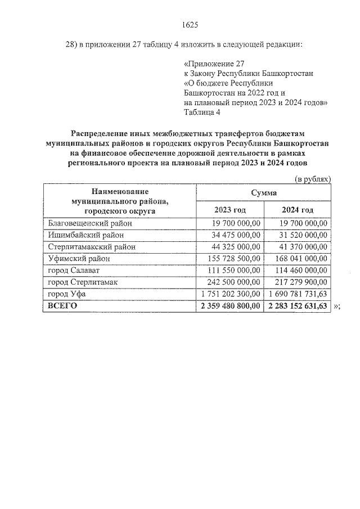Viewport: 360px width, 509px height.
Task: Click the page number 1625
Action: tap(191, 25)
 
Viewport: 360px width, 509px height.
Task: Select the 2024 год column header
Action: tap(297, 210)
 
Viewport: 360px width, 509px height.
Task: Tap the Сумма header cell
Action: tap(263, 192)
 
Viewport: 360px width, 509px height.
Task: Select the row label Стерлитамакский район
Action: tap(91, 247)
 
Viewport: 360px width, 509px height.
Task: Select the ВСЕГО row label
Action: tap(62, 306)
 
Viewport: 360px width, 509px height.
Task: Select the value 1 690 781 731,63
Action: tap(298, 294)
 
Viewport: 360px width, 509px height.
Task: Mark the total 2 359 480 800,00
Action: tap(229, 306)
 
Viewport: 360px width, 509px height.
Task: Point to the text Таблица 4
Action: tap(202, 112)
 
